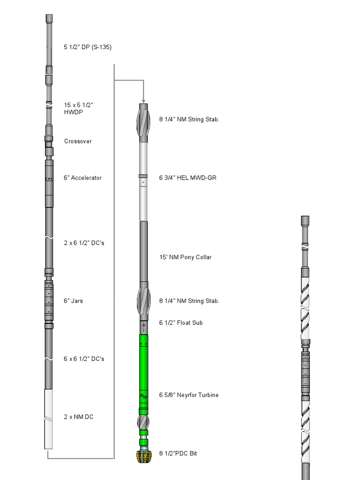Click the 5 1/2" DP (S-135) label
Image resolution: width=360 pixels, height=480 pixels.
click(88, 47)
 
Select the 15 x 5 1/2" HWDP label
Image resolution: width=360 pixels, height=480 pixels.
click(78, 108)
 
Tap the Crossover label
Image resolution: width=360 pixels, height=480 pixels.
click(78, 141)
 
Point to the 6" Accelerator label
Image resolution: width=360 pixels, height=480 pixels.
click(82, 178)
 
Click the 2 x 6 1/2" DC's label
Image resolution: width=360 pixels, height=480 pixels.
click(84, 243)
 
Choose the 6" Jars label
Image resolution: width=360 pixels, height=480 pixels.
click(73, 300)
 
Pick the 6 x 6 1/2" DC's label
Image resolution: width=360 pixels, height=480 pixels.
click(84, 359)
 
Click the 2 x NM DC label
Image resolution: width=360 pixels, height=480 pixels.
click(78, 417)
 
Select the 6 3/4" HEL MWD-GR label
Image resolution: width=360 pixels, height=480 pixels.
click(187, 178)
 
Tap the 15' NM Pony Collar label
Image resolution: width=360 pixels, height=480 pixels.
click(185, 257)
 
